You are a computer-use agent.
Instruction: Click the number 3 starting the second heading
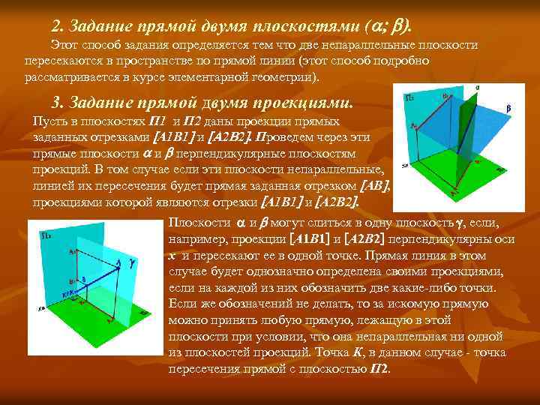point(55,103)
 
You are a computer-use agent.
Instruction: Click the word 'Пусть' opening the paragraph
point(49,121)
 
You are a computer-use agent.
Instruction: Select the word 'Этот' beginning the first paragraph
point(65,46)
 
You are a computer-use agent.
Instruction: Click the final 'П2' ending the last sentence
point(379,369)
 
